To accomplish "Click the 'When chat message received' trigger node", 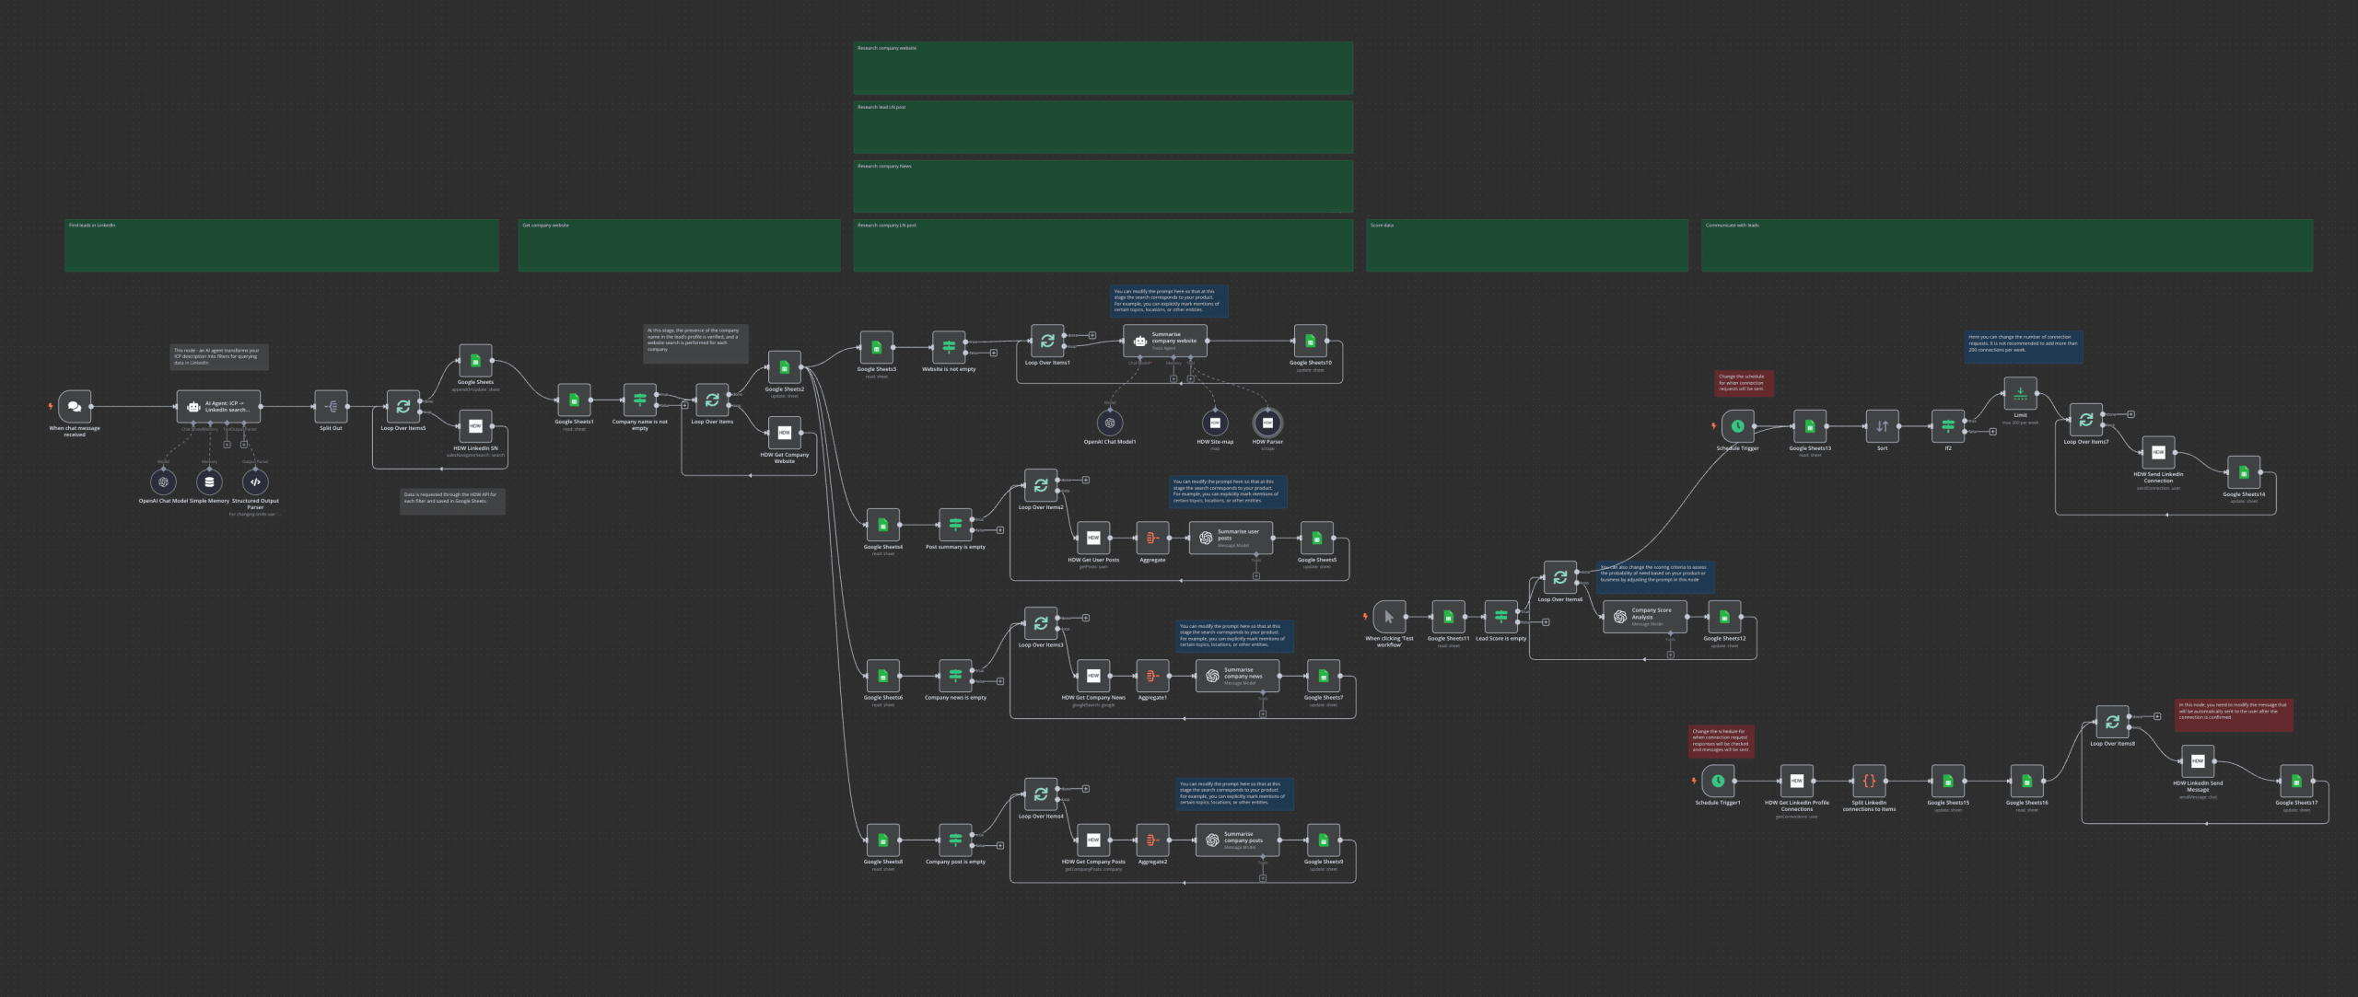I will click(x=75, y=406).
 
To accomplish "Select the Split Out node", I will click(x=331, y=406).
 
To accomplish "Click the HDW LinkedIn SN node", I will click(x=475, y=426).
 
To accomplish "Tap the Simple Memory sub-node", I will click(x=209, y=481).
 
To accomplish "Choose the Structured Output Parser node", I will click(x=255, y=481).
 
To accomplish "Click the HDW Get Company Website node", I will click(x=784, y=433).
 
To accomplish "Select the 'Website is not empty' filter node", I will click(x=949, y=347).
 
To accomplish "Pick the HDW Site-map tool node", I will click(x=1215, y=423).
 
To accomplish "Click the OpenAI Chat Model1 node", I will click(x=1110, y=423).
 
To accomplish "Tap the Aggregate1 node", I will click(x=1152, y=676).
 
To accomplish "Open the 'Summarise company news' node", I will click(x=1237, y=676).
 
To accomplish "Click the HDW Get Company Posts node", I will click(x=1093, y=840).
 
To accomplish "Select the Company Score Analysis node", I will click(x=1644, y=617).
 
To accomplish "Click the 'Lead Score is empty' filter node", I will click(x=1500, y=617).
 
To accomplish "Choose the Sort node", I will click(x=1882, y=426).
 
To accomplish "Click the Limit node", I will click(x=2020, y=393).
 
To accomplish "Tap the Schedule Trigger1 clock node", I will click(x=1718, y=781).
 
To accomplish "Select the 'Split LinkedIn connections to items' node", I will click(x=1869, y=781).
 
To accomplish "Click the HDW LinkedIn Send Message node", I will click(x=2198, y=761).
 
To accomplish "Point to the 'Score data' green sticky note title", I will click(x=1382, y=226).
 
